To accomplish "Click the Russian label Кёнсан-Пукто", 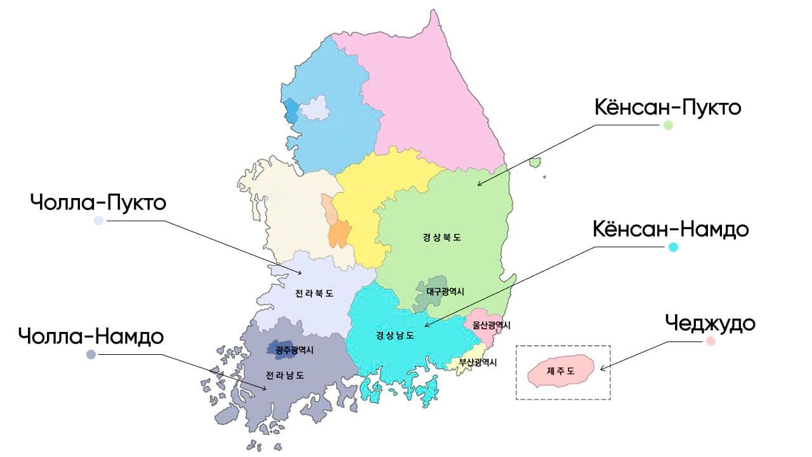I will coord(667,107).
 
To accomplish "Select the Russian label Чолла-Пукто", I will coord(98,203).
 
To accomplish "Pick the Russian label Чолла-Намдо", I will coord(91,336).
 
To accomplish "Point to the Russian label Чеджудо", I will coord(710,323).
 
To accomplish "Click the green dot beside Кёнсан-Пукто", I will coord(667,126).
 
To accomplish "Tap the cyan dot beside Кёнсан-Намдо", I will coord(673,247).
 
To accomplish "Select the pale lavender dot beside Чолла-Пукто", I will coord(98,221).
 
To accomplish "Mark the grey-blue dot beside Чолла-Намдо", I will coord(91,354).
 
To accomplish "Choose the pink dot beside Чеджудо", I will coord(710,341).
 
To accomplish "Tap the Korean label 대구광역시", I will coord(445,292).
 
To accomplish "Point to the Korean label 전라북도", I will coord(314,294).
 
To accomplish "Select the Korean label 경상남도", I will coord(395,335).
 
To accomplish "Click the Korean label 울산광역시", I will coord(491,325).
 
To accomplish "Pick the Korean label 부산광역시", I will coord(474,363).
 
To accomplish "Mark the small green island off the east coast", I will coord(535,162).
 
